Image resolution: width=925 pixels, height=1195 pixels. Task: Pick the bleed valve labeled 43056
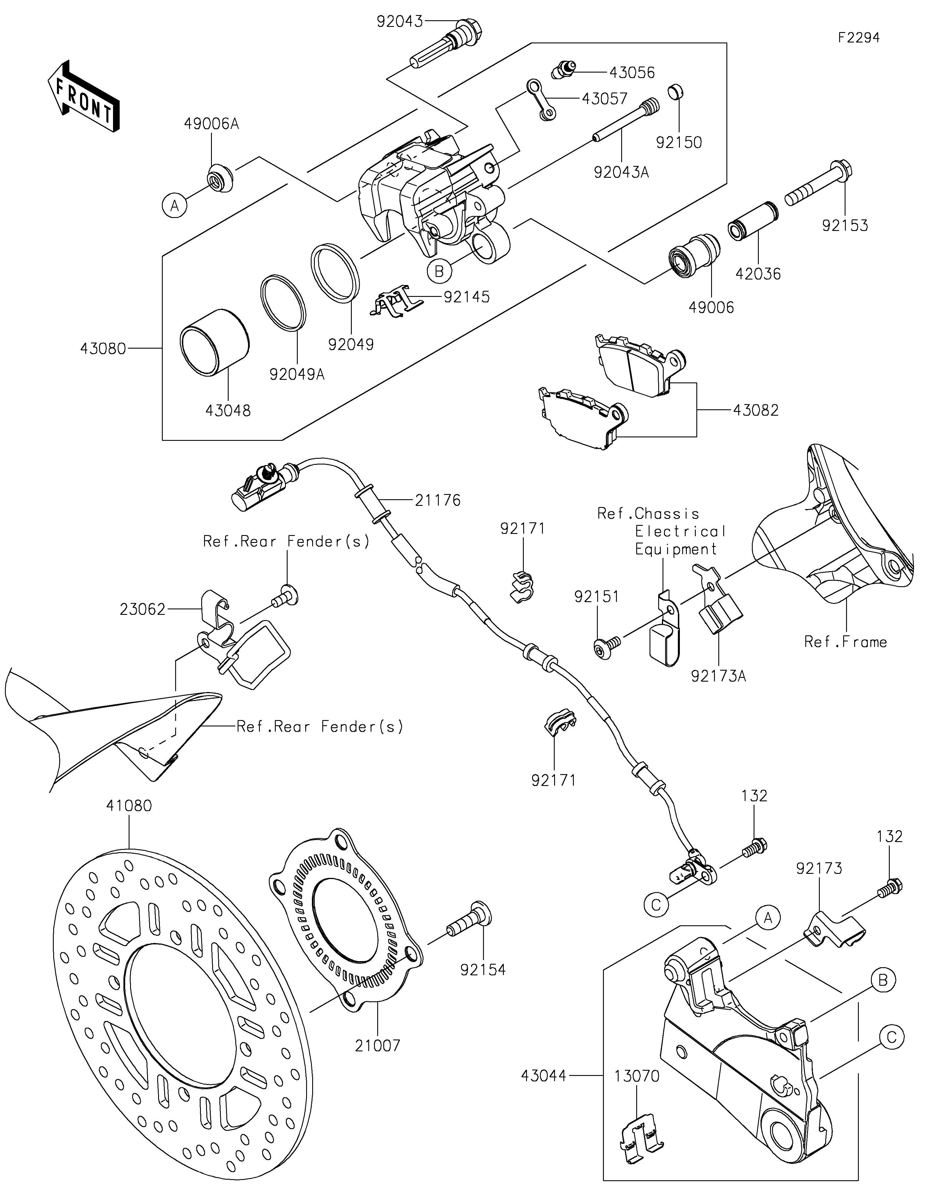[x=562, y=70]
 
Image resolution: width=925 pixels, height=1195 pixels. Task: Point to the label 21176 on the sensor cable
[x=438, y=500]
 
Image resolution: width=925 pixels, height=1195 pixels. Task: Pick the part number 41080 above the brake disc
[x=129, y=805]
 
